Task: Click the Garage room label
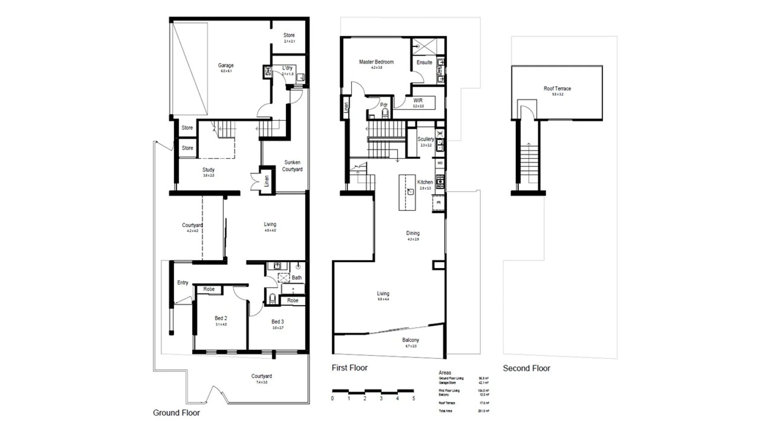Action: click(x=226, y=65)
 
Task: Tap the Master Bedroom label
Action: click(x=376, y=62)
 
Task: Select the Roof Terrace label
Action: click(x=557, y=89)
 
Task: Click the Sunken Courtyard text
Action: click(x=292, y=166)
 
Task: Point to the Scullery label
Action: click(x=425, y=139)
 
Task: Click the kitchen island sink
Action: click(x=410, y=192)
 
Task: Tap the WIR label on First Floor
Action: click(x=418, y=101)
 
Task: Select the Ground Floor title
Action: click(x=176, y=413)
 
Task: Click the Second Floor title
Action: click(x=526, y=368)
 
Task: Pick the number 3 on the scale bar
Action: click(x=381, y=398)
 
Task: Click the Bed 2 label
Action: click(x=221, y=318)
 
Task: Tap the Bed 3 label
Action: click(x=277, y=322)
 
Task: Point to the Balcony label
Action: click(x=410, y=340)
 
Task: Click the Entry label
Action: click(x=183, y=283)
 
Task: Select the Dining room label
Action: click(x=413, y=233)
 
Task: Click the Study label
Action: click(x=208, y=170)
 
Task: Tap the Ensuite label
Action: click(x=424, y=62)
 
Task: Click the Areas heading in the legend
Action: click(x=445, y=373)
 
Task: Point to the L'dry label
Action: click(x=287, y=68)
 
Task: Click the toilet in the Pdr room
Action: click(x=385, y=113)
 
